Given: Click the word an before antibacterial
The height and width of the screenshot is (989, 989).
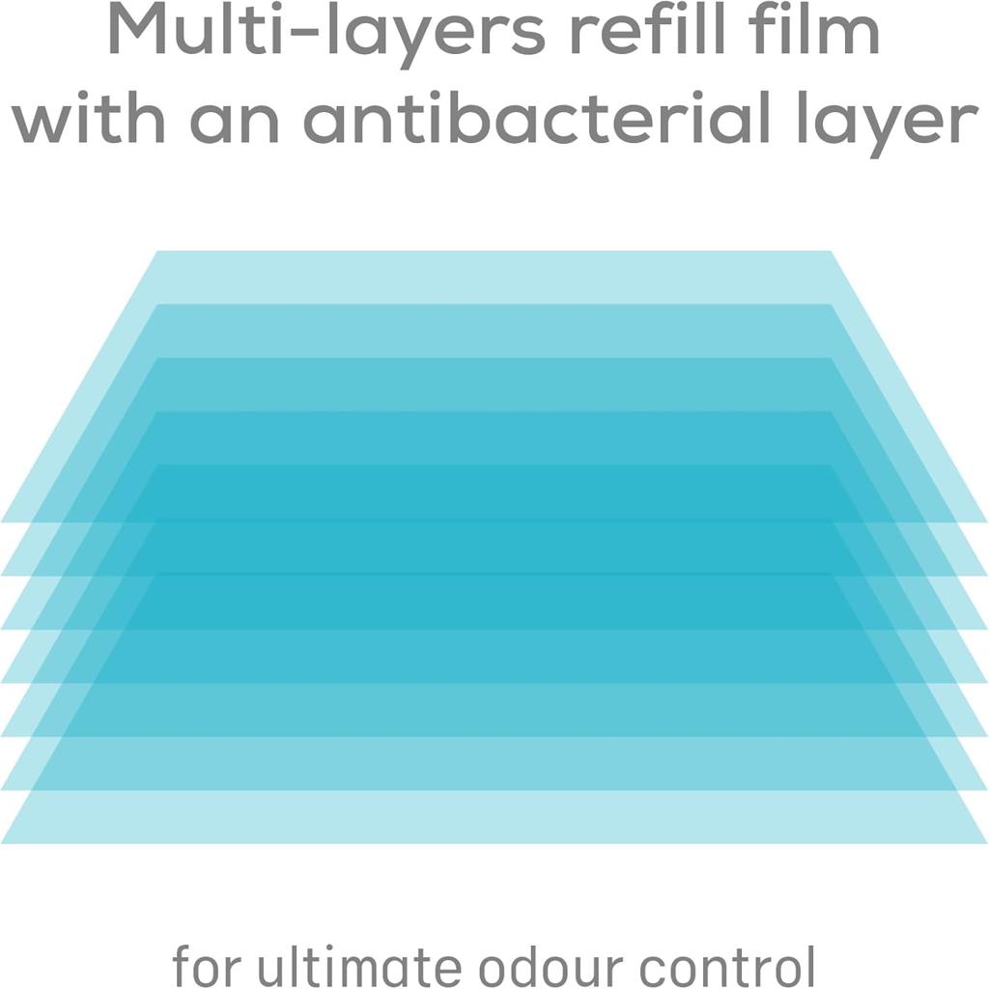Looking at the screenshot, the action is pos(235,122).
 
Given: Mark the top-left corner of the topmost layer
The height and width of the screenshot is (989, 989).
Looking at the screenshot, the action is pos(156,251).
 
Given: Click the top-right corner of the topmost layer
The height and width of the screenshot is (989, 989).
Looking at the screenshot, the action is pos(831,251).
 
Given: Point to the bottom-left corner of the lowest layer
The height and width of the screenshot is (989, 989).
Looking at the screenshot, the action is pos(1,843).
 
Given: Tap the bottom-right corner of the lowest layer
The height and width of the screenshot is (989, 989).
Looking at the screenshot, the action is pos(987,843).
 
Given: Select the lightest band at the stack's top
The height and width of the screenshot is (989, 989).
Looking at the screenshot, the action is pos(494,277).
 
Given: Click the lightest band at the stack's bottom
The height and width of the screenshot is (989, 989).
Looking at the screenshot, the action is pos(494,817).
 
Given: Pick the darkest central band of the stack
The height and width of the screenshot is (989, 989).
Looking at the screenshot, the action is pos(494,548).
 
